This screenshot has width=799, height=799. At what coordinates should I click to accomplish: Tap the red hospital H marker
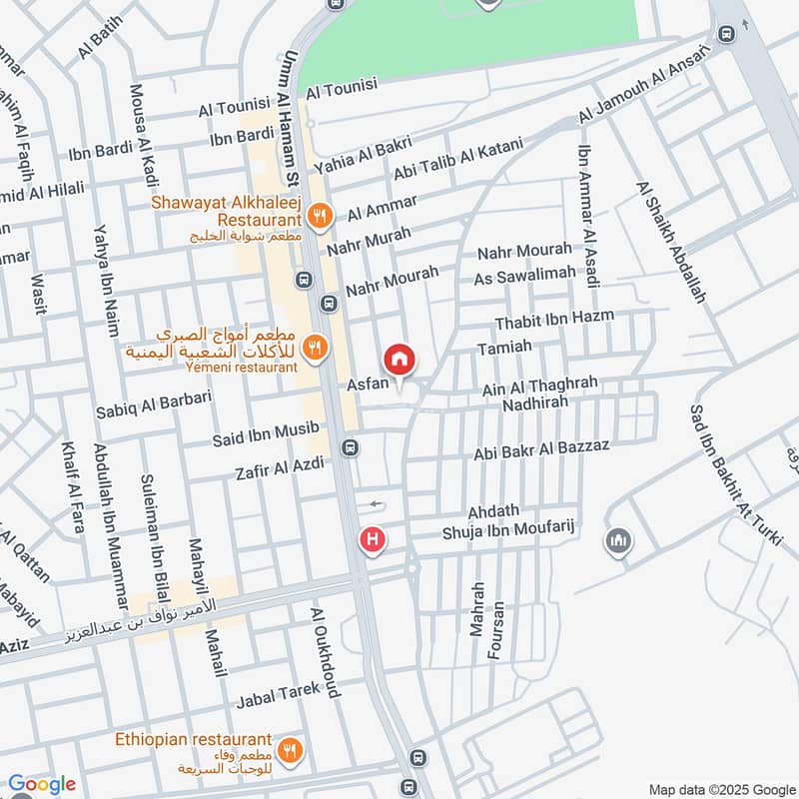(373, 540)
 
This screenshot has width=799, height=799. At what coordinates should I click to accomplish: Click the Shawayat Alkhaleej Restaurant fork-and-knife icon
(320, 214)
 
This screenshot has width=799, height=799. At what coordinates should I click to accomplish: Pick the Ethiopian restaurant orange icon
(289, 752)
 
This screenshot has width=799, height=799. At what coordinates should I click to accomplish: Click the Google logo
(41, 785)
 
